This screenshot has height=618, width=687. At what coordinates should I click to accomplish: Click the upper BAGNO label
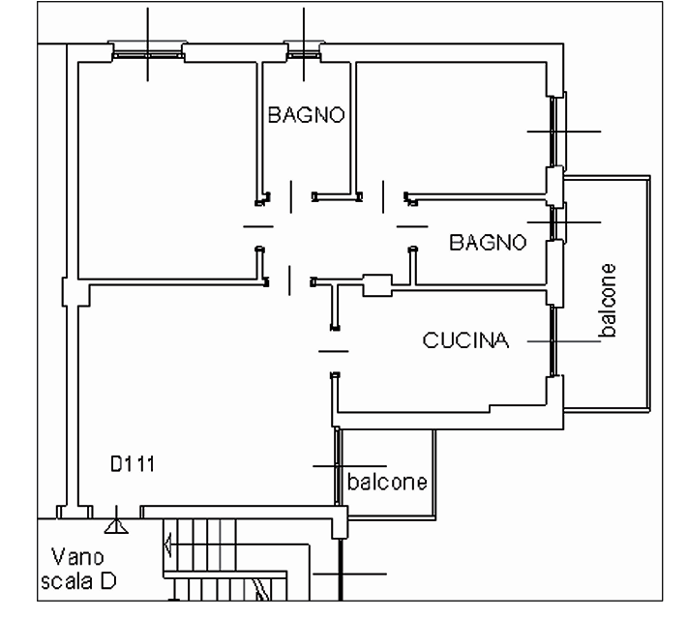[x=307, y=115]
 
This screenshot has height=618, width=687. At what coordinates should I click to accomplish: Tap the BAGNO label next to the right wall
[x=488, y=242]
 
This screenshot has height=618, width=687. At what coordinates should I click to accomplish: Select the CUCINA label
[x=465, y=340]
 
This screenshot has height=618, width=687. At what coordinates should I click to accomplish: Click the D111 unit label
[x=133, y=464]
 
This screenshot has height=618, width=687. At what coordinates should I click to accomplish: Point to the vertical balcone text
[x=608, y=301]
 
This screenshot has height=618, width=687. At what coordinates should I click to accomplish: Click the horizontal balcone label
[x=387, y=482]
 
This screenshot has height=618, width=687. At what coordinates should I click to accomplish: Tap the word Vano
[x=77, y=557]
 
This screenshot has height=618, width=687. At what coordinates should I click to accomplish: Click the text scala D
[x=78, y=581]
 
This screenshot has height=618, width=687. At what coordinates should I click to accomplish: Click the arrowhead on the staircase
[x=166, y=545]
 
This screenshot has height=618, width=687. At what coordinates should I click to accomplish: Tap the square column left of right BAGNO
[x=377, y=285]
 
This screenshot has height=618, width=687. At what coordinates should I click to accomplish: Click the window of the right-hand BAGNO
[x=554, y=222]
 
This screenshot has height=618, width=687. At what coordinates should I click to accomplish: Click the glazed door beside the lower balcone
[x=337, y=466]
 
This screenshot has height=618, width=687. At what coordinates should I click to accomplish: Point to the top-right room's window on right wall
[x=554, y=132]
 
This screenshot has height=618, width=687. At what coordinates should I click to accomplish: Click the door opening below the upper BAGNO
[x=291, y=197]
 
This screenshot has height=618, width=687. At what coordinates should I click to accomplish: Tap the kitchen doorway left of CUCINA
[x=334, y=351]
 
